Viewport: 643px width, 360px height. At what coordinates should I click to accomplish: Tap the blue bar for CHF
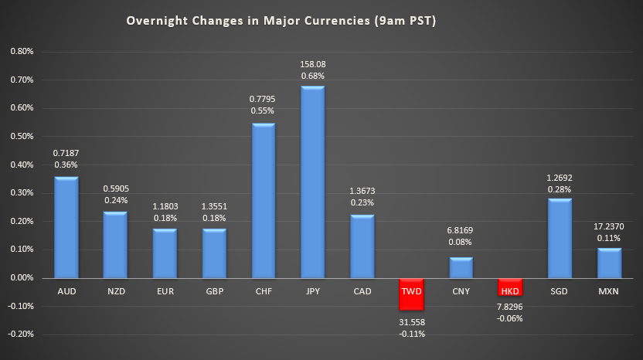point(263,201)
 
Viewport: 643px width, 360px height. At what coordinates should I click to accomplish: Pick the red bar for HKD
point(510,287)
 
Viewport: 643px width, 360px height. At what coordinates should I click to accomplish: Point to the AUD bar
point(66,227)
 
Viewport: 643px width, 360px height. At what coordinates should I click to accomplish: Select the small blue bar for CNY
point(461,267)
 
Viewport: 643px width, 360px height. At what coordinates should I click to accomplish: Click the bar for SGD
point(560,239)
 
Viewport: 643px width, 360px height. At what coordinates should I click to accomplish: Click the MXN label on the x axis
point(609,291)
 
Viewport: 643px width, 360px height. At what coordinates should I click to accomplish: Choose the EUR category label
point(165,291)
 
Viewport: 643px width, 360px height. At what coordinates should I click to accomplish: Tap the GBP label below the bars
point(214,291)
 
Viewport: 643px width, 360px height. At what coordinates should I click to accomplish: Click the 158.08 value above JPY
point(312,64)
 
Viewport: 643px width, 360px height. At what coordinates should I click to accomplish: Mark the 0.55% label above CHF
point(263,112)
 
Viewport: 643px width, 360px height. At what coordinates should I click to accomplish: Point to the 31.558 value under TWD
point(411,322)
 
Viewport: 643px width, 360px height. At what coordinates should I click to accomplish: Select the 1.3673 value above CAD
point(362,190)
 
